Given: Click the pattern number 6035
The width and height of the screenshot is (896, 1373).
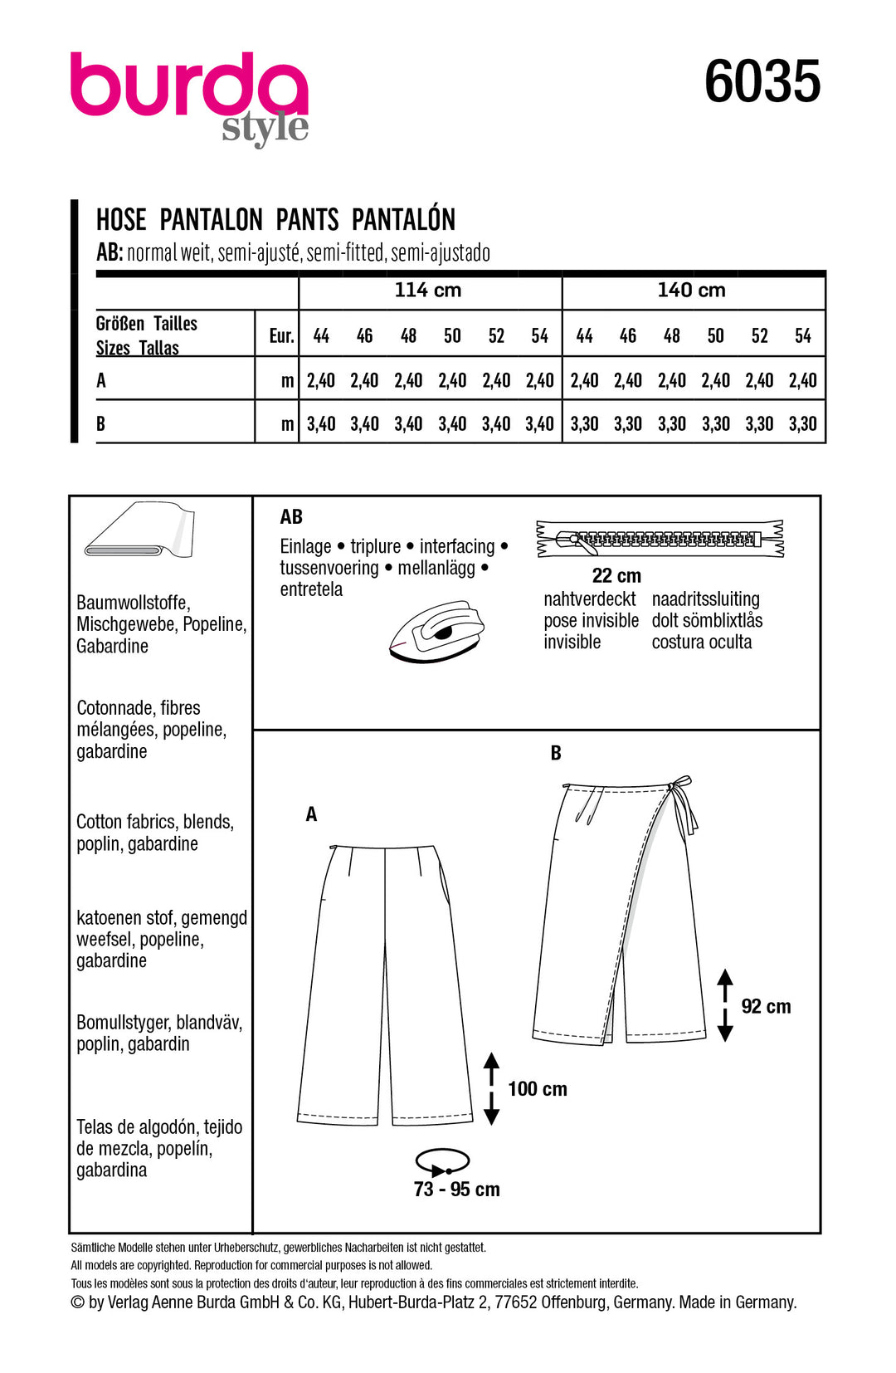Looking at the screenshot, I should (762, 82).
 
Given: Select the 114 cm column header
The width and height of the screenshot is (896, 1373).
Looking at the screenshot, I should (428, 291).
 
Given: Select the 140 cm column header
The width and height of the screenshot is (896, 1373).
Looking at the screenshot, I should (691, 291).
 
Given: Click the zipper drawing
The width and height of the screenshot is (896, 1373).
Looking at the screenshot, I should (660, 540).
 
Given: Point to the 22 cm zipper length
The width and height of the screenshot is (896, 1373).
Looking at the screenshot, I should (616, 576).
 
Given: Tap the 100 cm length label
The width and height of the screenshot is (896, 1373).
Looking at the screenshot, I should (538, 1089).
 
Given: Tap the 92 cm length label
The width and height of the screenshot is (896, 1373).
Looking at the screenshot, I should (766, 1007).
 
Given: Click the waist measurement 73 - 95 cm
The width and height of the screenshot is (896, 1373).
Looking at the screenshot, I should (456, 1190).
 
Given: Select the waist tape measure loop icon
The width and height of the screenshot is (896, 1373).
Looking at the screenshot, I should (442, 1161).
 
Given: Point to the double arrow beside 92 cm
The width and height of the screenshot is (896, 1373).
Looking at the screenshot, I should (725, 1005).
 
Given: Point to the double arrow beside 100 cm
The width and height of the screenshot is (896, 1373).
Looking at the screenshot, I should (491, 1088).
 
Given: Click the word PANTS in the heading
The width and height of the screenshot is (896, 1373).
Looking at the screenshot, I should (307, 220).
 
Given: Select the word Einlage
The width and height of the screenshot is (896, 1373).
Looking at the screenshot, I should (305, 547).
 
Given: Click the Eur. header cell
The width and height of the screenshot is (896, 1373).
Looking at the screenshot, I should (281, 335).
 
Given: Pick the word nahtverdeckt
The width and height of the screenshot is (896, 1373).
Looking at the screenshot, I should (589, 599).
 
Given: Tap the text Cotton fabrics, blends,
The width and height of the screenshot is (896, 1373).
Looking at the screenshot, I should (155, 822).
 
